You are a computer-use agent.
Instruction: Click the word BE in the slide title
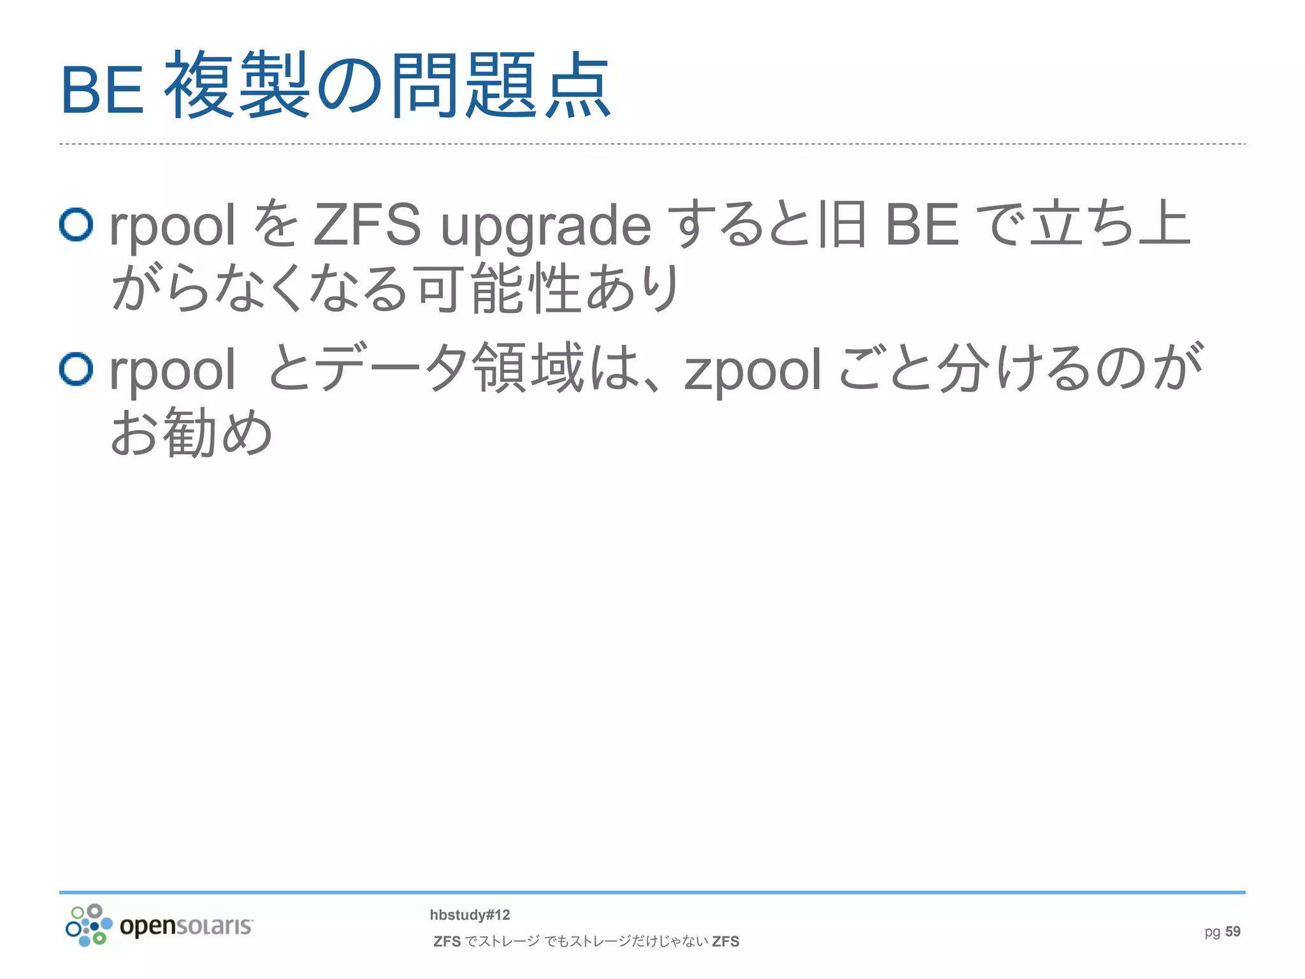pos(102,90)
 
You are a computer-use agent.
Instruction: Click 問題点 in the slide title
pos(501,86)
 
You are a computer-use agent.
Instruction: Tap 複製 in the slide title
pos(237,86)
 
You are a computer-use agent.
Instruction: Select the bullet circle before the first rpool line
pos(76,224)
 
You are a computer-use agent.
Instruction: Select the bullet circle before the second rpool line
pos(76,369)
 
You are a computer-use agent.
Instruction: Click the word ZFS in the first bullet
pos(367,224)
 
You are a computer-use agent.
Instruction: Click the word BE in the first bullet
pos(922,224)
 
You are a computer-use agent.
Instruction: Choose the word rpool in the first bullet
pos(172,227)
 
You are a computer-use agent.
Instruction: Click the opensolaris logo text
pos(186,925)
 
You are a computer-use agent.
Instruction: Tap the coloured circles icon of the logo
pos(89,925)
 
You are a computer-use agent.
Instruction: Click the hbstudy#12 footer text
pos(470,915)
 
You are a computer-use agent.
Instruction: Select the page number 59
pos(1232,931)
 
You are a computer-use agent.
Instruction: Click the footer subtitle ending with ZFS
pos(586,941)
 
